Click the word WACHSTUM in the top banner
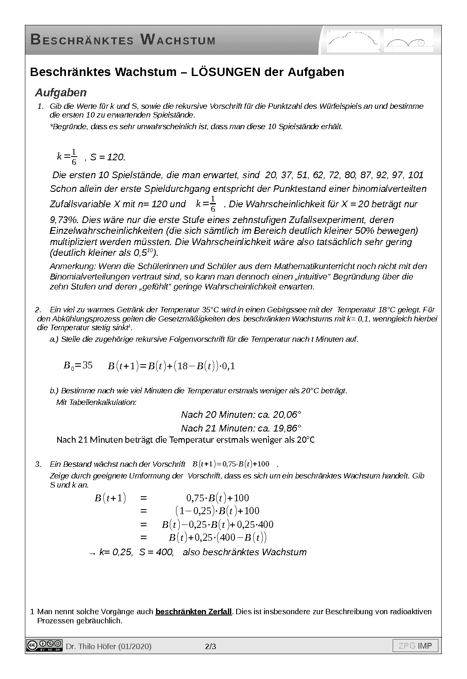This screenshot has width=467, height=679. click(x=178, y=40)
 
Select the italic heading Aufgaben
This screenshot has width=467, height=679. click(x=61, y=92)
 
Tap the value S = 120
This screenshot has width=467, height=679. click(x=107, y=157)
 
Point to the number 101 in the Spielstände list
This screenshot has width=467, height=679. click(x=416, y=175)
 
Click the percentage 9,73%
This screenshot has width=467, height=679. click(x=64, y=219)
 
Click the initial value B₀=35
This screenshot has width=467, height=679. click(x=78, y=365)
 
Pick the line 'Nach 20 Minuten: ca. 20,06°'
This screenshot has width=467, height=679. click(x=241, y=414)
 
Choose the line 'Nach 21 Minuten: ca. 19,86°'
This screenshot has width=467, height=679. click(x=241, y=428)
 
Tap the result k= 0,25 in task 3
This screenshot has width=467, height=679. click(x=116, y=552)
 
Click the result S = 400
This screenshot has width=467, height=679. click(x=156, y=552)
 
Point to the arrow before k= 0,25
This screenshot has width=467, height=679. click(x=92, y=553)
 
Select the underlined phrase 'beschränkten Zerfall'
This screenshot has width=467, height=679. click(x=193, y=611)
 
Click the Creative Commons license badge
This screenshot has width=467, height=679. click(x=44, y=646)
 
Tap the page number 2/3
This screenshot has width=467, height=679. click(x=210, y=646)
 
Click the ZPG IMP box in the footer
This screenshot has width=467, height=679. click(x=415, y=646)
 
